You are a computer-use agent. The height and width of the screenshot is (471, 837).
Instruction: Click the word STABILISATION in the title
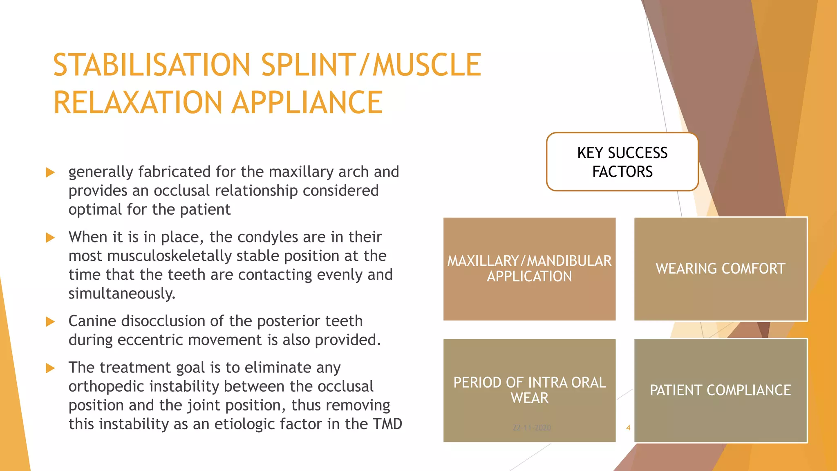151,65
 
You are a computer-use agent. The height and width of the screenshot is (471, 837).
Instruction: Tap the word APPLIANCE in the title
307,103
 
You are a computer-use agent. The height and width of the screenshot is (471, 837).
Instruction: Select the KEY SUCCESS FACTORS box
622,162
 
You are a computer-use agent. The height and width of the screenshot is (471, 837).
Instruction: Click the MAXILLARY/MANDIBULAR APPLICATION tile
529,269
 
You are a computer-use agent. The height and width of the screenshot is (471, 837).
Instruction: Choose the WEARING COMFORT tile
721,269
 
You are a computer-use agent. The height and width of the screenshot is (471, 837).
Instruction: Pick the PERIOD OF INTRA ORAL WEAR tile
529,390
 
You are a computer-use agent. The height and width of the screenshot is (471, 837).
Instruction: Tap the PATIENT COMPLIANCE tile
721,390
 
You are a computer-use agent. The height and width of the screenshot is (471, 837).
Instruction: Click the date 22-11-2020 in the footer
532,428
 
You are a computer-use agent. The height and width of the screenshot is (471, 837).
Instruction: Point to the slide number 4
628,428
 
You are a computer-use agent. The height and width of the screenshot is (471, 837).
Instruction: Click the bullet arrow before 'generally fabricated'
50,172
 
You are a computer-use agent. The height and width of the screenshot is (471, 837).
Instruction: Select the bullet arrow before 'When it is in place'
50,238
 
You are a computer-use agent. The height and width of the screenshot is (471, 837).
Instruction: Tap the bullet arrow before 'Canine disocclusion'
50,322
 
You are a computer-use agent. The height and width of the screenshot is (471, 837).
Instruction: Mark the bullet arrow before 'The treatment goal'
50,368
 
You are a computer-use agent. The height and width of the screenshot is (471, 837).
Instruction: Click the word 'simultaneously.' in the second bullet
122,294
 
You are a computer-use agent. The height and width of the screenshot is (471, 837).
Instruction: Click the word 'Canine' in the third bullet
92,321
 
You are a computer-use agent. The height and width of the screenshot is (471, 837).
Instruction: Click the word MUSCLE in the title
427,65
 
